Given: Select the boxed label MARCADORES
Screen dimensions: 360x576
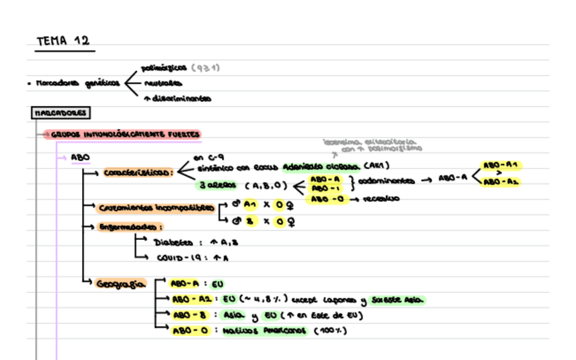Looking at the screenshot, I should [x=60, y=113].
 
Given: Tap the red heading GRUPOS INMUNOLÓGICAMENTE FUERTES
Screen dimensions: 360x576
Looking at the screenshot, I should [x=125, y=134].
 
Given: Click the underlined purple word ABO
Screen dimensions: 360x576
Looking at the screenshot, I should [x=79, y=157].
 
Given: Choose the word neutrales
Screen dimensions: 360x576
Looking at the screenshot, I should [x=162, y=83].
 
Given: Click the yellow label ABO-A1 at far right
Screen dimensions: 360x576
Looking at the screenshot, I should [x=501, y=165].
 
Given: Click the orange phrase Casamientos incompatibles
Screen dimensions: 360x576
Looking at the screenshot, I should [x=156, y=207].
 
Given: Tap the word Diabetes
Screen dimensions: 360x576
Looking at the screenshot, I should [x=174, y=242].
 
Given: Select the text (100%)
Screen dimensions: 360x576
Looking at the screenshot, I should [x=331, y=331].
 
